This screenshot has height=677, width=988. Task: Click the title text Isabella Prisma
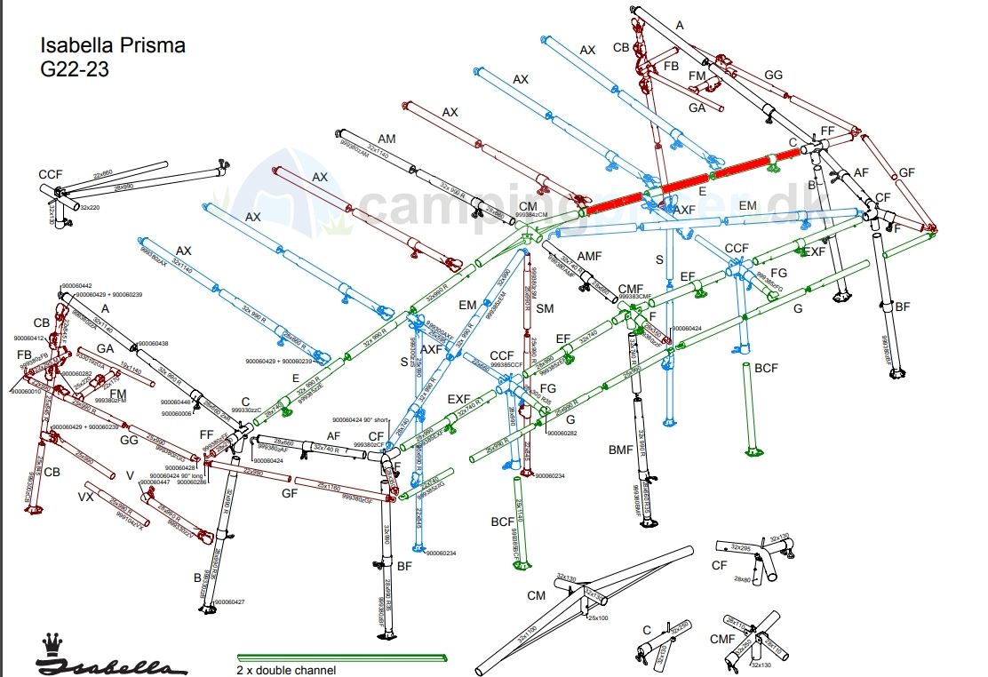pyautogui.click(x=113, y=45)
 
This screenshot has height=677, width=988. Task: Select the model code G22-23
pyautogui.click(x=75, y=69)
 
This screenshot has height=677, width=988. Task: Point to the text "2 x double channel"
pyautogui.click(x=286, y=670)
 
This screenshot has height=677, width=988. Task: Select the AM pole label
pyautogui.click(x=386, y=139)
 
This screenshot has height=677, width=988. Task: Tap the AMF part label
pyautogui.click(x=590, y=256)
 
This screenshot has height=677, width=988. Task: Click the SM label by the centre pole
pyautogui.click(x=546, y=307)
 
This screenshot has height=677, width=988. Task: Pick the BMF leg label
pyautogui.click(x=620, y=450)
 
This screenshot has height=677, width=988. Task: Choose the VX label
pyautogui.click(x=86, y=496)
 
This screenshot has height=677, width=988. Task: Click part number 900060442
pyautogui.click(x=76, y=285)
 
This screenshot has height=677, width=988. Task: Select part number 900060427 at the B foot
pyautogui.click(x=229, y=602)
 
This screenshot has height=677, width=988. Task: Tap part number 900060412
pyautogui.click(x=28, y=338)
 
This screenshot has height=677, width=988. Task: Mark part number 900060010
pyautogui.click(x=28, y=391)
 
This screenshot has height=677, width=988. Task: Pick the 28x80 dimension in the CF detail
pyautogui.click(x=743, y=579)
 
